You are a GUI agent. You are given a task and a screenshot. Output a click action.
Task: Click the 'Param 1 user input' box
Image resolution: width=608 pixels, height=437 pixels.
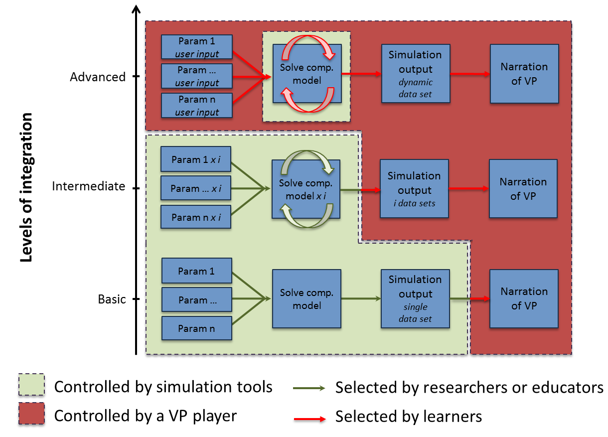197,47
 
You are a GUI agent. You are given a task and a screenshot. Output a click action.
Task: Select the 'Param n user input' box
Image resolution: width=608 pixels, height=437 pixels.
197,105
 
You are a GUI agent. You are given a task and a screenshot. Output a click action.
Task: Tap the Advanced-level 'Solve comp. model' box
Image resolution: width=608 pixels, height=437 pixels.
307,74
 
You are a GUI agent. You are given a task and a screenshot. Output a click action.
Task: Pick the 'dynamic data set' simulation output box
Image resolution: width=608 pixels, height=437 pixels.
415,74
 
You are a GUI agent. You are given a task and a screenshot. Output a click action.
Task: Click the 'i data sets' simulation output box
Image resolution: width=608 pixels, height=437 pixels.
414,189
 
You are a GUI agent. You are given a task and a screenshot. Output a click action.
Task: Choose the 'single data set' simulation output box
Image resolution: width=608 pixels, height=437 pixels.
415,298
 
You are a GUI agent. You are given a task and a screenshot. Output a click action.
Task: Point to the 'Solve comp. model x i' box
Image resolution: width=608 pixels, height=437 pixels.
306,189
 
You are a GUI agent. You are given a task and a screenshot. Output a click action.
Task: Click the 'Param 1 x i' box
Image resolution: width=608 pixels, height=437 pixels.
196,159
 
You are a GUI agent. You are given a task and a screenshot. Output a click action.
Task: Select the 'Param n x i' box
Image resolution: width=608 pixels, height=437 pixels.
196,217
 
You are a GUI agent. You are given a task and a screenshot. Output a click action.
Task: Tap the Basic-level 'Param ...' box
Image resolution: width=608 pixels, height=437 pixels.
197,300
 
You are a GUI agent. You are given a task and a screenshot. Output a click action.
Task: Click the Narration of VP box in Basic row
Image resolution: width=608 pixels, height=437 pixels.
524,298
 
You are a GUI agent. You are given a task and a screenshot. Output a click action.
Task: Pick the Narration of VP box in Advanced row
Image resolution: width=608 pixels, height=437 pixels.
524,74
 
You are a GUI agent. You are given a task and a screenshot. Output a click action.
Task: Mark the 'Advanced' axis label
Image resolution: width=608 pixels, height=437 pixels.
98,77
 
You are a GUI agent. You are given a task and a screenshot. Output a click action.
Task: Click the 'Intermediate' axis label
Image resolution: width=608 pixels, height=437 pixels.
88,186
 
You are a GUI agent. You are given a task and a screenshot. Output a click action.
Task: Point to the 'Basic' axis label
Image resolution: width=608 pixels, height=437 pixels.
112,299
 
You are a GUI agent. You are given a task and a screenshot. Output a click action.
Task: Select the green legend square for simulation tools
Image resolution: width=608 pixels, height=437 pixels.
31,387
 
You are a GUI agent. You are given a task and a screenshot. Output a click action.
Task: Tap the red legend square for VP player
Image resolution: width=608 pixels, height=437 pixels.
31,416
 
